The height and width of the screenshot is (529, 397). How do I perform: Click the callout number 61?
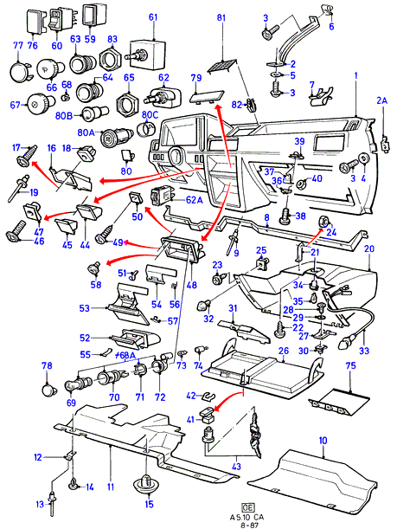153,16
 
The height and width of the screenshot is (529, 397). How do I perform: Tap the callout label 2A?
381,100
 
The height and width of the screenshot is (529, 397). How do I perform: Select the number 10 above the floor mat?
323,441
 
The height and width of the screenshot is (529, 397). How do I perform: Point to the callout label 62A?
194,200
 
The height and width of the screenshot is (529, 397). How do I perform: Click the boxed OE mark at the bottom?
247,507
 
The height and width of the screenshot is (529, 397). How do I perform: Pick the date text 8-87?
247,526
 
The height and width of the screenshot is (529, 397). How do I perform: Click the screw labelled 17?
28,157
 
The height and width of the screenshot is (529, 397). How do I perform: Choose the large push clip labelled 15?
146,483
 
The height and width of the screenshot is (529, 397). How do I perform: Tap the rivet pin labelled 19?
19,188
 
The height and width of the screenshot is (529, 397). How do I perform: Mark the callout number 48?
191,286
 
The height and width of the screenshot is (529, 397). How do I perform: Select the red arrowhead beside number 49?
126,242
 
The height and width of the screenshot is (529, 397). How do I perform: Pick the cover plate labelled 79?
206,97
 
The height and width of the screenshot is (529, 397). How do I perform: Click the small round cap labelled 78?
48,390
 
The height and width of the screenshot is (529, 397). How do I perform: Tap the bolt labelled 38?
286,216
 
